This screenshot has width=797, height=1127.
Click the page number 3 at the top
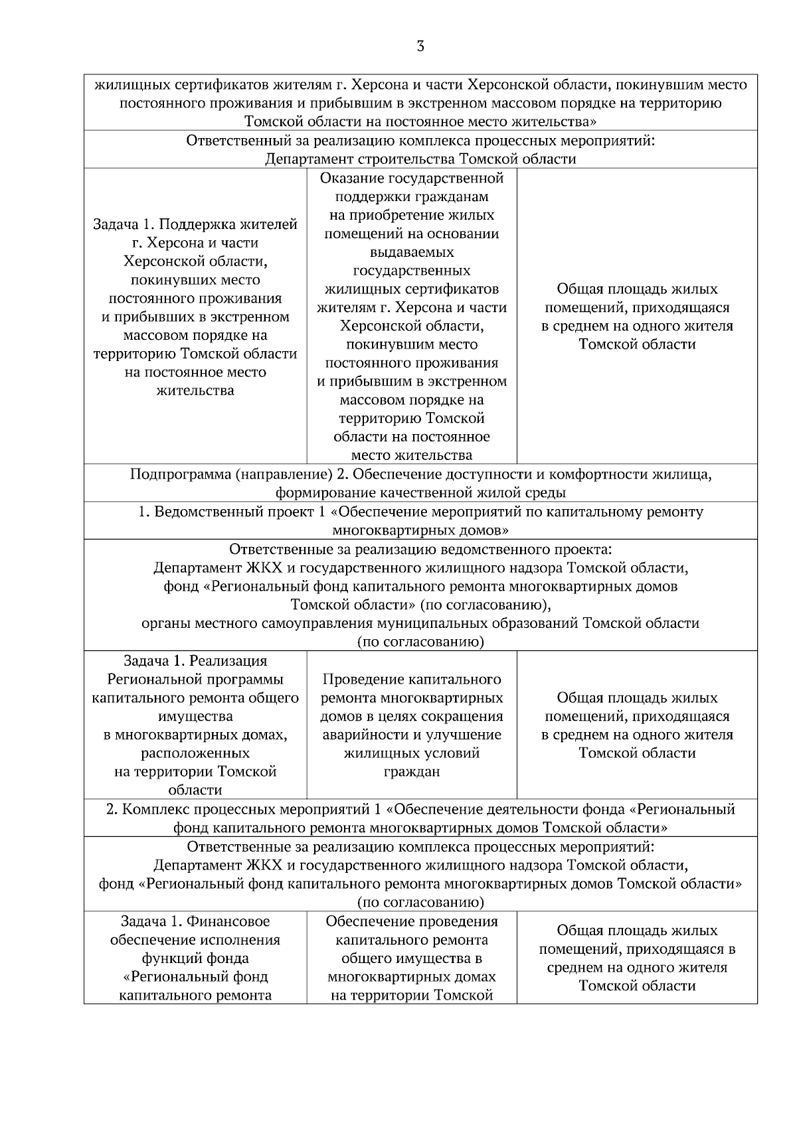click(x=420, y=46)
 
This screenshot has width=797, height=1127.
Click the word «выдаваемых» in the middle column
click(x=412, y=252)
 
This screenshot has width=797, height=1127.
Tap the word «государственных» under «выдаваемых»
click(x=412, y=271)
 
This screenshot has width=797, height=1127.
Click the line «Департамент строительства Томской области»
click(x=420, y=159)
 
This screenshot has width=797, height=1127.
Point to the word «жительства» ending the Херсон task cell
click(x=195, y=390)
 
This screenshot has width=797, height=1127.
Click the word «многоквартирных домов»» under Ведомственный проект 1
click(x=420, y=530)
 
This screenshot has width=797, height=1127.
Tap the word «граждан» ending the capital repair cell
click(x=412, y=772)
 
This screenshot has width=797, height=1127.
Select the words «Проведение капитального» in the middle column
click(x=412, y=680)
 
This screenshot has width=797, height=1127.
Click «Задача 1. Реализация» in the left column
click(x=195, y=661)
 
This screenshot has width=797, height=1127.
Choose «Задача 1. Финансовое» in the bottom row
click(x=195, y=921)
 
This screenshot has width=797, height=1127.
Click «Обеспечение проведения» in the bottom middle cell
click(x=412, y=921)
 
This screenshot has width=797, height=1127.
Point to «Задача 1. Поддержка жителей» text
click(x=195, y=224)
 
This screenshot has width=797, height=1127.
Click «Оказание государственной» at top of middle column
click(x=412, y=179)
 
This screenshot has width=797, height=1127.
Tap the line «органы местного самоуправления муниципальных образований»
click(x=420, y=623)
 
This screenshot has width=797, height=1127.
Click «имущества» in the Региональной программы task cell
click(x=195, y=716)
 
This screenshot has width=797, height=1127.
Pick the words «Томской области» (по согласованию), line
click(x=420, y=605)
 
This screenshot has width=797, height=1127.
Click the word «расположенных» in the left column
click(x=195, y=753)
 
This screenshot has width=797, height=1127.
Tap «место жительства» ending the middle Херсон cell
click(x=412, y=455)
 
